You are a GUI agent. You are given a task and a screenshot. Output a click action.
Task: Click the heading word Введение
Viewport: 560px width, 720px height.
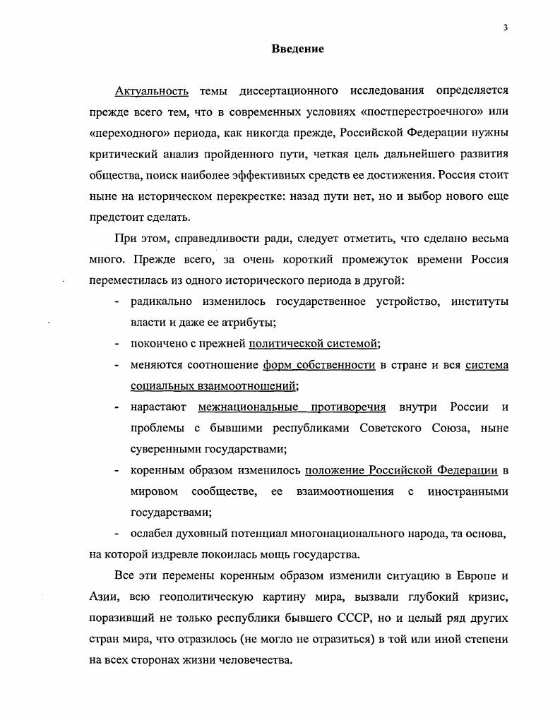tap(297, 49)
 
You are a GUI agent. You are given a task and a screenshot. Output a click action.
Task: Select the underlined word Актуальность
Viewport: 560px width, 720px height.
tap(152, 91)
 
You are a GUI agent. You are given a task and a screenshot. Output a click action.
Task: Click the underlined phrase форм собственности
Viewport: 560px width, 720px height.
tap(318, 365)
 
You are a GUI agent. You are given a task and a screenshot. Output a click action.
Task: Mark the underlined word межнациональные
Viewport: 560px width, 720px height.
tap(248, 407)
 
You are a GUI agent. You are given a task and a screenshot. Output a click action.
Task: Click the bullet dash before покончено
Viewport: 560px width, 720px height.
tap(117, 344)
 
